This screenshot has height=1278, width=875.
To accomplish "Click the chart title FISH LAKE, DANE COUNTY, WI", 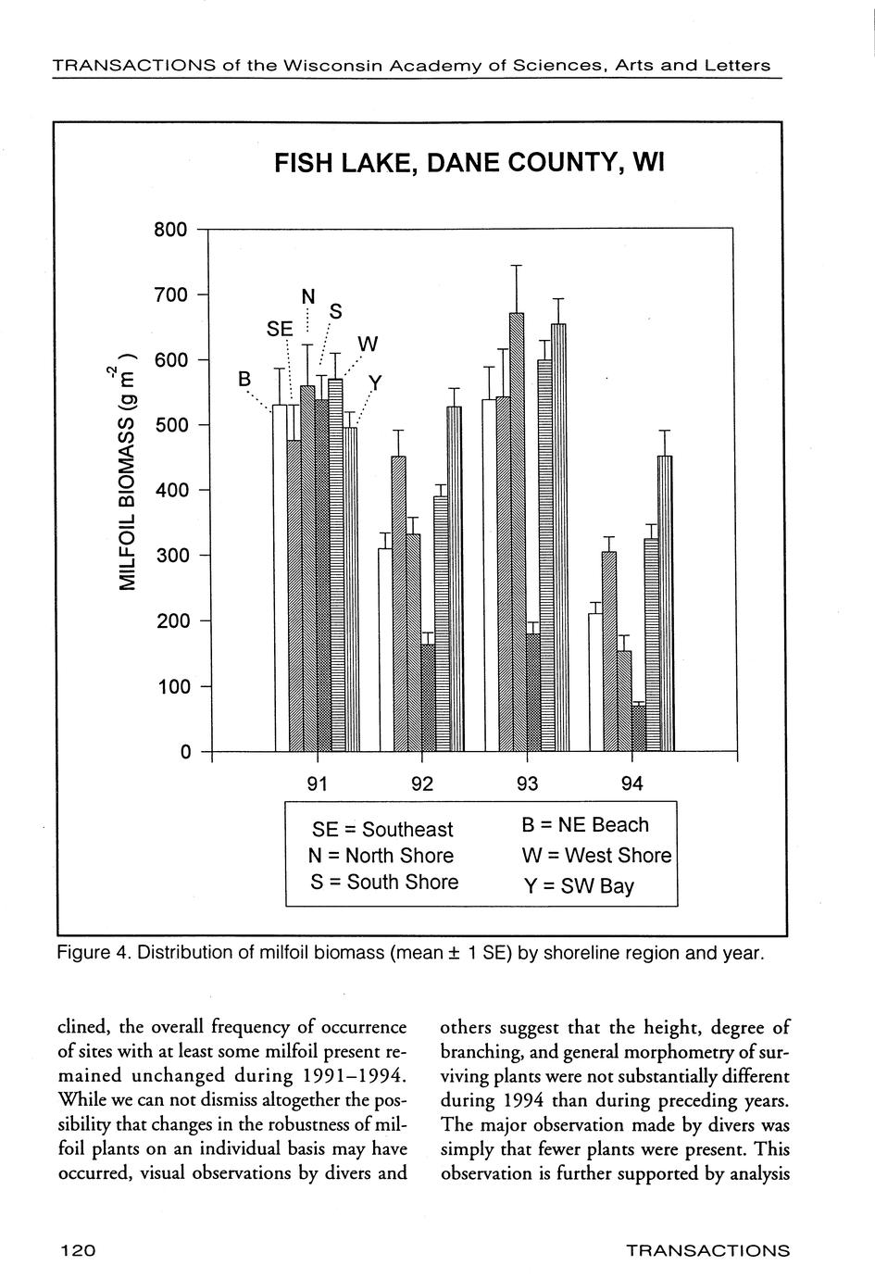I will (x=469, y=165).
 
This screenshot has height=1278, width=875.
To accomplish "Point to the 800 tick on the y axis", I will (x=170, y=229).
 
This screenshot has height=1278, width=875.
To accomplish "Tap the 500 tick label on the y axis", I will (x=170, y=425).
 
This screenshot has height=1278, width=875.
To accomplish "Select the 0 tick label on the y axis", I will (x=184, y=752).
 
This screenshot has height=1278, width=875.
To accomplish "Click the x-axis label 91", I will (x=318, y=784).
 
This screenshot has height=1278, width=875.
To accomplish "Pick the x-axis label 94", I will (x=631, y=784).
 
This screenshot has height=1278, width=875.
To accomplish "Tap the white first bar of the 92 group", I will (x=385, y=648).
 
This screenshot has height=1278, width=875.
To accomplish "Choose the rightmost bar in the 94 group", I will (x=665, y=602).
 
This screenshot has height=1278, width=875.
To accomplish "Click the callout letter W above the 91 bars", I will (x=368, y=345).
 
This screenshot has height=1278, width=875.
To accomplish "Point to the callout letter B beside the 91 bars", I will (x=244, y=378).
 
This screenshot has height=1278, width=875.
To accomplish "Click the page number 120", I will (x=78, y=1251).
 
